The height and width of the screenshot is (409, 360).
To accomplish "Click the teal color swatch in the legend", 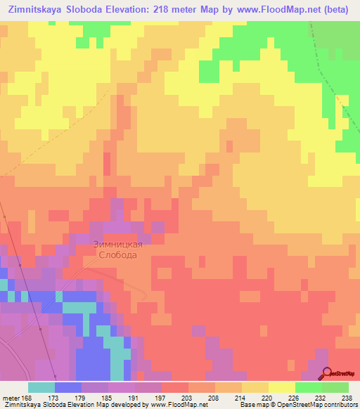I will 41,387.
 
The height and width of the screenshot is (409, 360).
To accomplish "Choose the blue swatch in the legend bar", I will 68,387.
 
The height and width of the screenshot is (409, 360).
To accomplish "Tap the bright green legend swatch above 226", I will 308,387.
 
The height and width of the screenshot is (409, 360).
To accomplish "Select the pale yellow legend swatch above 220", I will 281,387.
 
